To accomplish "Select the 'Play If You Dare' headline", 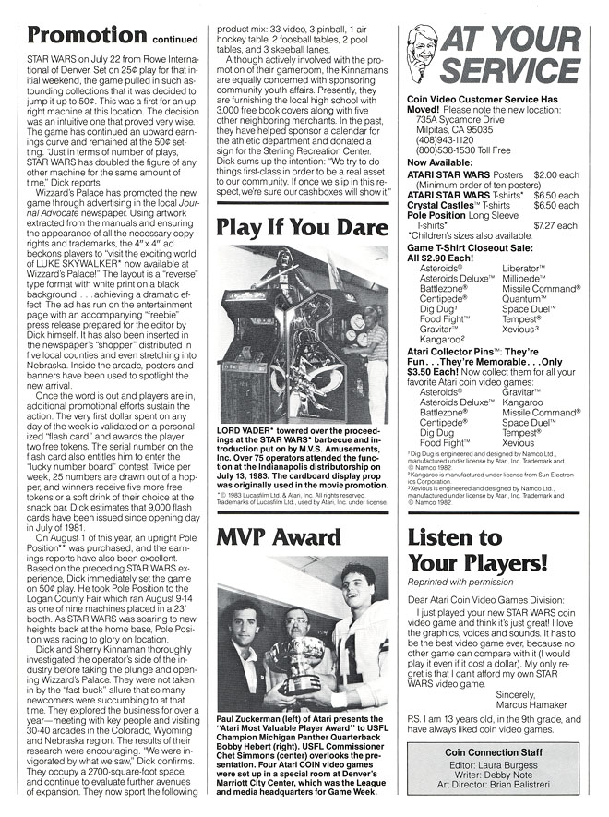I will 302,227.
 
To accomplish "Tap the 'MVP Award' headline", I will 279,537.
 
